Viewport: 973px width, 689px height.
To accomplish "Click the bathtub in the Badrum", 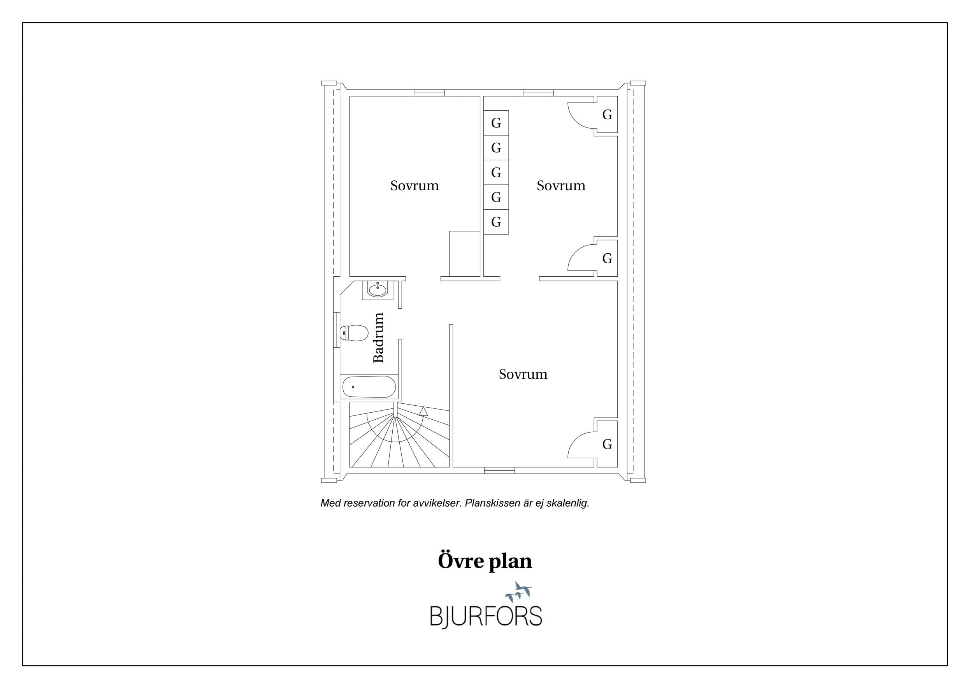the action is click(x=368, y=387).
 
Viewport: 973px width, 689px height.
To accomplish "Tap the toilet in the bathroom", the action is click(x=353, y=333).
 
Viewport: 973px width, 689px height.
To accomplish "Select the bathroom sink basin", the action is click(x=377, y=290).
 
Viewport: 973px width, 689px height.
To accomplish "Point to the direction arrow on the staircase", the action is click(x=423, y=411).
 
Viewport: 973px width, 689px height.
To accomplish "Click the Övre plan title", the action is click(x=485, y=561).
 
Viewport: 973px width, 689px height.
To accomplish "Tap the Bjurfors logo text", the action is click(x=486, y=617).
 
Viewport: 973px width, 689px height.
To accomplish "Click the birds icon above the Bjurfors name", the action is click(x=519, y=592).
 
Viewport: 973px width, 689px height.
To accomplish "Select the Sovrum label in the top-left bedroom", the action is click(x=414, y=185).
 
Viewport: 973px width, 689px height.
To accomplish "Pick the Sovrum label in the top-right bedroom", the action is click(x=561, y=185).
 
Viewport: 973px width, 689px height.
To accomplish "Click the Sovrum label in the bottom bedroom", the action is click(x=523, y=374).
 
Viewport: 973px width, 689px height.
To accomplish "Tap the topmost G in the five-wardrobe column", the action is click(x=496, y=123).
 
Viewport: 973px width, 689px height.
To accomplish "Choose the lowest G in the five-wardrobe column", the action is click(x=496, y=222).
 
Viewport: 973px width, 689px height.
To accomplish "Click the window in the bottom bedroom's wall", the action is click(x=500, y=470).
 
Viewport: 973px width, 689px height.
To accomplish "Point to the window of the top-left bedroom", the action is click(x=429, y=93).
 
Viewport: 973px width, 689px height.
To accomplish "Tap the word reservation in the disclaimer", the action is click(x=369, y=503).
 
